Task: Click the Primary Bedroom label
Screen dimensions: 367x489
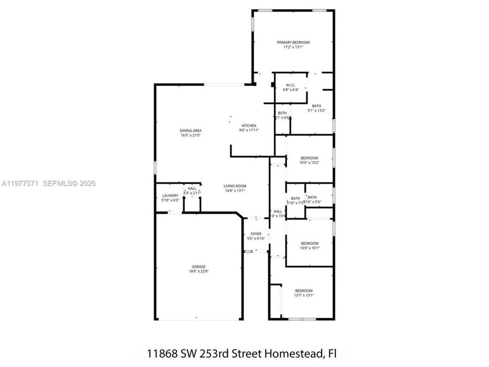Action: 293,42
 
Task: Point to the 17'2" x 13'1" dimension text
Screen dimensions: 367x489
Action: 293,47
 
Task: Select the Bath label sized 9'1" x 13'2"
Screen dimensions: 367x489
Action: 316,106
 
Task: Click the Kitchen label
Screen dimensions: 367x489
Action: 249,126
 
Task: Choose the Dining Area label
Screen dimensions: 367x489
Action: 191,130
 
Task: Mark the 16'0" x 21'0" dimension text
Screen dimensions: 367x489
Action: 191,135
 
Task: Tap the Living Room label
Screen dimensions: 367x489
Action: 235,186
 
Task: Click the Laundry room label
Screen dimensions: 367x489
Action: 170,196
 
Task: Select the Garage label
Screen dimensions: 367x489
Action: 198,266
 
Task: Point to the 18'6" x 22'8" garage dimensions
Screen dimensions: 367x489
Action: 198,271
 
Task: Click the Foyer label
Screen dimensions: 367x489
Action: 256,234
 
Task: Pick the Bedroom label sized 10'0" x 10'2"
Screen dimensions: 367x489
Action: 309,158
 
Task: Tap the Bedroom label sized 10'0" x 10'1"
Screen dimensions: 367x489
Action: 310,243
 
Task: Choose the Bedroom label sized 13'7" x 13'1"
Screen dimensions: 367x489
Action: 304,290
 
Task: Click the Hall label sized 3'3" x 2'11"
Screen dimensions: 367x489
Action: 192,189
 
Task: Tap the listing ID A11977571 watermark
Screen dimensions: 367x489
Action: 20,184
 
